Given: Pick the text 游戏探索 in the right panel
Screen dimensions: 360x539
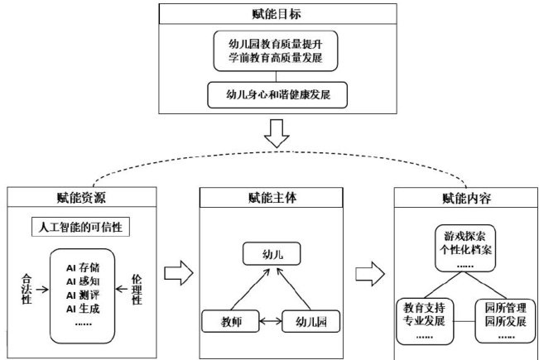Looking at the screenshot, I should click(464, 234).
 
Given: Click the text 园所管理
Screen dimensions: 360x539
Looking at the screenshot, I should click(504, 308).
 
